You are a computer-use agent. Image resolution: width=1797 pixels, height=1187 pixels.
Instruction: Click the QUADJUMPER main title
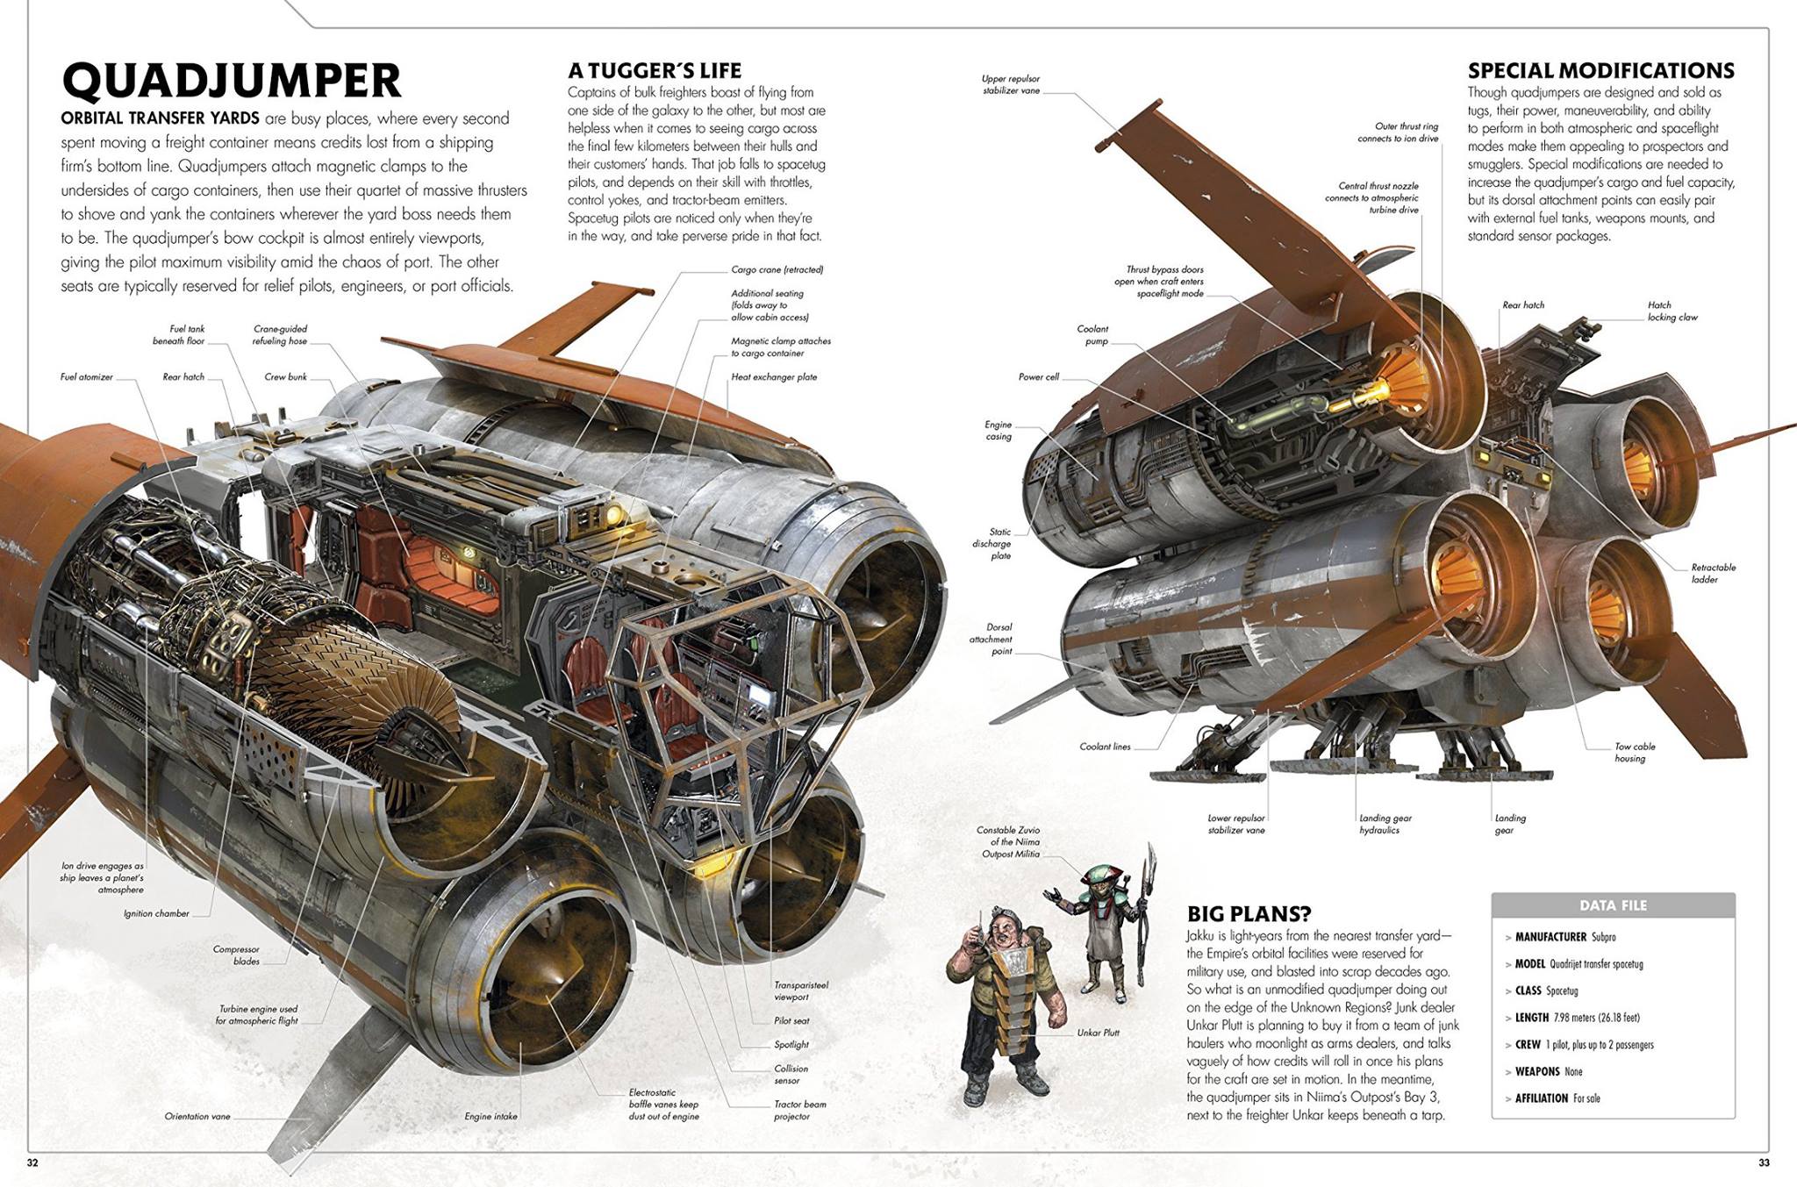click(232, 81)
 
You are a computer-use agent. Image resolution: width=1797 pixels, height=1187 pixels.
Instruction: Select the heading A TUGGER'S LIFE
click(654, 70)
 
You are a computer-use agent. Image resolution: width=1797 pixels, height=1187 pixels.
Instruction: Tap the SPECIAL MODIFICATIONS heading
click(1601, 70)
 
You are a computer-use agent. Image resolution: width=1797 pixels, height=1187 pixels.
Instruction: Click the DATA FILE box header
click(1613, 905)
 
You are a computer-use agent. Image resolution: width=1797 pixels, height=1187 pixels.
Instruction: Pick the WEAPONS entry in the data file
click(1549, 1071)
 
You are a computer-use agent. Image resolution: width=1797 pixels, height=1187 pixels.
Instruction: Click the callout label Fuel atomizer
click(87, 377)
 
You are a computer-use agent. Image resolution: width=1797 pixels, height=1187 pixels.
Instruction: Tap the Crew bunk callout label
click(286, 377)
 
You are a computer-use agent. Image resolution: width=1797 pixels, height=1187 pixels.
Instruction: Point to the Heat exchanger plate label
click(774, 377)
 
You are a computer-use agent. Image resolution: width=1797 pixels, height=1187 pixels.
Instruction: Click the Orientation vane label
click(197, 1117)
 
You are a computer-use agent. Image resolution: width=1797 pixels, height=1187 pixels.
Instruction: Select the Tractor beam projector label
click(799, 1111)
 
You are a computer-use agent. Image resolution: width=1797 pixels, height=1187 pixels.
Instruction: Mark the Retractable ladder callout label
click(1713, 573)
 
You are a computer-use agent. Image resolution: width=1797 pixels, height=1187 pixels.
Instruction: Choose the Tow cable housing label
click(1635, 753)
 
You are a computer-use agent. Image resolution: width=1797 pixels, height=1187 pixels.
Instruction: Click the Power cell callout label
click(1039, 377)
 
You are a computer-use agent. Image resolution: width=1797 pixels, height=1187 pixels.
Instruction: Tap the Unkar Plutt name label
click(1098, 1033)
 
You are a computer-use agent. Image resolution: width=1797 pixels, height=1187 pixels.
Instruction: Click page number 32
click(32, 1163)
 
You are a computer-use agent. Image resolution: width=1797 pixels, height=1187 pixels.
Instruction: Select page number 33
click(1764, 1163)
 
